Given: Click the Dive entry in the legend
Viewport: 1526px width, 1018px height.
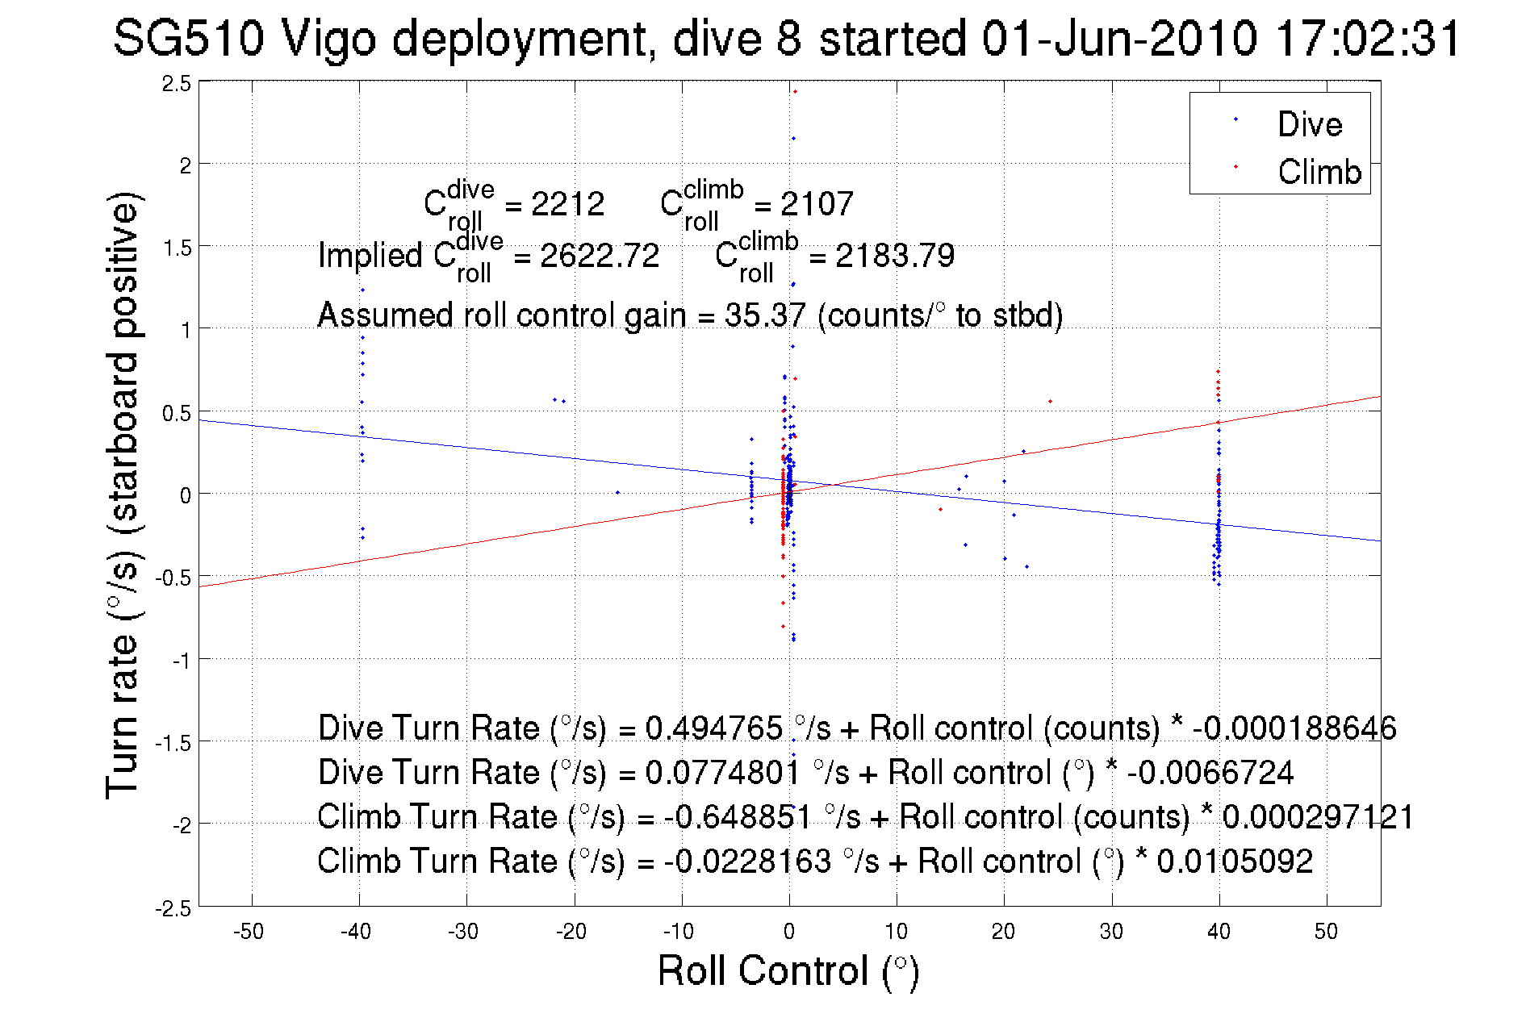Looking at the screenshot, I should coord(1309,124).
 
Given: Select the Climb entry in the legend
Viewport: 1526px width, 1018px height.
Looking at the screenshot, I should coord(1319,172).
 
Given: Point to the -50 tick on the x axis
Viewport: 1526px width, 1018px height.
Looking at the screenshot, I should coord(249,932).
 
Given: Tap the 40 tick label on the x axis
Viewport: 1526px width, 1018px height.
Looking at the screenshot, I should coord(1219,932).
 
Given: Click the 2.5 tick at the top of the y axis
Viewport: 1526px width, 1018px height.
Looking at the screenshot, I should coord(177,83).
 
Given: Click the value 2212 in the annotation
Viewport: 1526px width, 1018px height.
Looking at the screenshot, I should coord(567,204).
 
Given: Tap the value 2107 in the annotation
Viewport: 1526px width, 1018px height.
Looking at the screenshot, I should coord(817,204).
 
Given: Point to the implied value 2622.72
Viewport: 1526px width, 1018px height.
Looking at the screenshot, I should coord(600,256).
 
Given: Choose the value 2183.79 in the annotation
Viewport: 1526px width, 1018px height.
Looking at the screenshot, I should coord(895,256).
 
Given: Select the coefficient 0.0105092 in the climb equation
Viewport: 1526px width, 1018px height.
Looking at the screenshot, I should coord(1235,861).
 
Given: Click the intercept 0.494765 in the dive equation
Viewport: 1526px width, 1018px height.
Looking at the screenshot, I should coord(713,728).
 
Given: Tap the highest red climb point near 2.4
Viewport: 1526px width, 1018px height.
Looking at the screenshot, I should coord(795,92).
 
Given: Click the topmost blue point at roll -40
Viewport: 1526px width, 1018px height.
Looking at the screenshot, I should coord(362,290).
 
